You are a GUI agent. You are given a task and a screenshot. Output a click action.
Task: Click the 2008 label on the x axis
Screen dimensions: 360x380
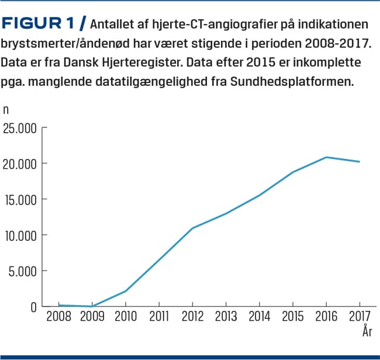pos(58,317)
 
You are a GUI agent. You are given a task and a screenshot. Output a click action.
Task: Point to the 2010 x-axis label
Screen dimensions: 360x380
pos(125,317)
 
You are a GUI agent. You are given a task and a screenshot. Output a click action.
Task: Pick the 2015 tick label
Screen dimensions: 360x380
pos(292,317)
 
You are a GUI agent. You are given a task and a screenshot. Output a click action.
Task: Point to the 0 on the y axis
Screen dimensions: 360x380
pos(33,307)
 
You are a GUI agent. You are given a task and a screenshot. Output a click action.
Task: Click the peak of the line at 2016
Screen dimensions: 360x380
pos(326,157)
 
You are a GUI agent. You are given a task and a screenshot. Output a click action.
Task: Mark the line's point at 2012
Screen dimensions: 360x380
pos(192,228)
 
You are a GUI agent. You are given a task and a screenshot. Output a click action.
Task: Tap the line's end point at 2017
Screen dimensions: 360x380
pos(359,161)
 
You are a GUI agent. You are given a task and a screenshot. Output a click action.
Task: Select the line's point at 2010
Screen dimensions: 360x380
pos(126,291)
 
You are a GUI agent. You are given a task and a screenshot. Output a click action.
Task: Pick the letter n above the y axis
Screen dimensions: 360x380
pos(6,109)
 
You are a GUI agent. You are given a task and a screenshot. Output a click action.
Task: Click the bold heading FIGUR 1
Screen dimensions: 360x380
pos(40,24)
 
